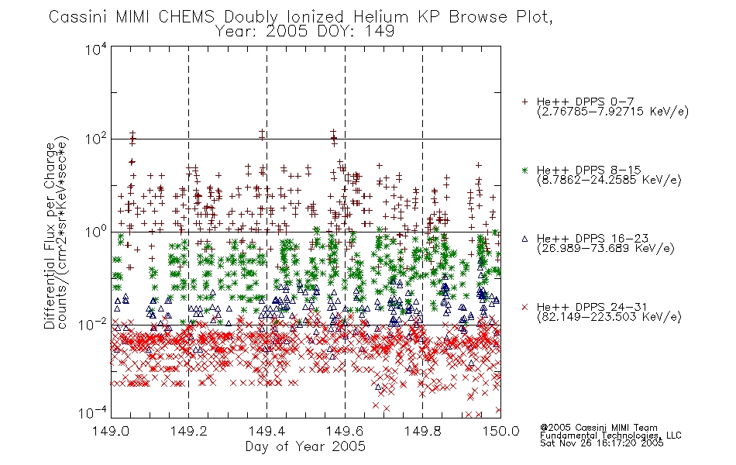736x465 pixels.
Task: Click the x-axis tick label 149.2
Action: coord(189,431)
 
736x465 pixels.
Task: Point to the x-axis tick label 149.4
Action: coord(267,431)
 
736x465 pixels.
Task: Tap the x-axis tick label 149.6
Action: coord(345,431)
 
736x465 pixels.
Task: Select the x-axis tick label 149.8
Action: coord(423,431)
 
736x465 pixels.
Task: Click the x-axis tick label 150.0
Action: coord(500,431)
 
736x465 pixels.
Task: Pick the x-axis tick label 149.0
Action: coord(111,431)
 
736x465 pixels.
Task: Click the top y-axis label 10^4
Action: coord(96,49)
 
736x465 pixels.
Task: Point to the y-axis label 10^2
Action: coord(96,139)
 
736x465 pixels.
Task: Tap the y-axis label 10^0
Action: coord(96,232)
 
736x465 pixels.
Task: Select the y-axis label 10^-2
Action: coord(94,324)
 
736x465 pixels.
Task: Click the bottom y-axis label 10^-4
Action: coord(94,412)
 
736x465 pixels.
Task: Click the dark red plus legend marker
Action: coord(524,102)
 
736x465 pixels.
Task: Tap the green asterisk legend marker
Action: coord(524,170)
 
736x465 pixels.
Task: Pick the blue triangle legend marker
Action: coord(524,239)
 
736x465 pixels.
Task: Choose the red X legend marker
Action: coord(524,307)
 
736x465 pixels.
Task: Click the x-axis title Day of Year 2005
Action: coord(305,446)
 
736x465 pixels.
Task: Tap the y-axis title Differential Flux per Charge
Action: coord(50,236)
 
